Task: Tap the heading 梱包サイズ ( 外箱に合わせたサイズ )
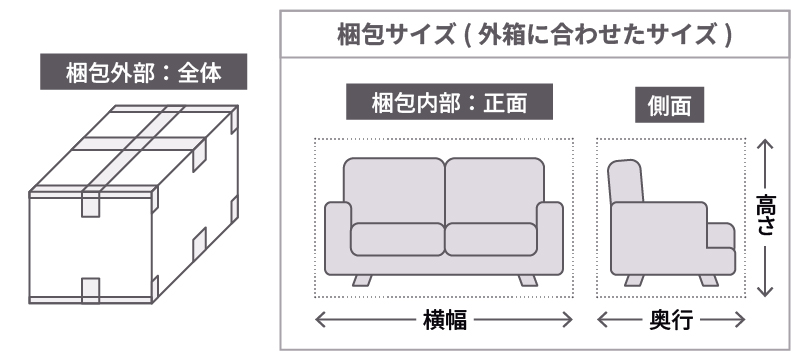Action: click(x=537, y=33)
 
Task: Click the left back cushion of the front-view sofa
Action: click(x=393, y=190)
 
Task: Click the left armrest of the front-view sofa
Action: click(x=338, y=238)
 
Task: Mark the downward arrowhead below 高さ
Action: click(x=765, y=292)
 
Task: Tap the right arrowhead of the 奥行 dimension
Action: click(x=741, y=320)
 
